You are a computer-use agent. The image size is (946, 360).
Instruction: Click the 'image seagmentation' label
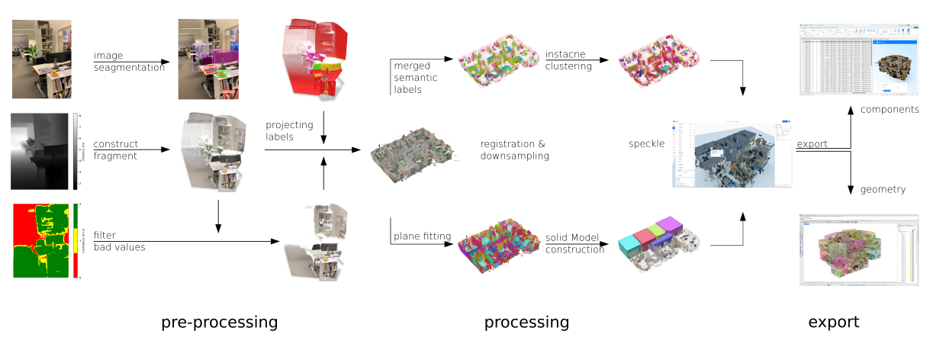click(129, 62)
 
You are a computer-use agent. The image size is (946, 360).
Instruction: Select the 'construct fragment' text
click(116, 149)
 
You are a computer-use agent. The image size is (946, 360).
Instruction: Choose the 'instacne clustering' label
click(568, 60)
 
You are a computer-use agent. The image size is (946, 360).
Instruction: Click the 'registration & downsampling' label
click(514, 149)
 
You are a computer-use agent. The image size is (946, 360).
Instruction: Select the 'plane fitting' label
click(422, 236)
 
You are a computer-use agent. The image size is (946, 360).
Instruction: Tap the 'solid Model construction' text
click(574, 244)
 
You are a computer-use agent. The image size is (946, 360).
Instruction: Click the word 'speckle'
click(645, 143)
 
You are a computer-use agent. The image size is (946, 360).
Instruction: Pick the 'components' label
click(889, 109)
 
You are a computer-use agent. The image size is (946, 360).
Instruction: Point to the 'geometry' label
click(883, 189)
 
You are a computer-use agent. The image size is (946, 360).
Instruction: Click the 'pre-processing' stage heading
click(219, 323)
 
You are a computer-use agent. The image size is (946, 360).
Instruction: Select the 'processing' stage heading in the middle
click(526, 323)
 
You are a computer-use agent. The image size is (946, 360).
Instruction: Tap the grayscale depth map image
click(40, 151)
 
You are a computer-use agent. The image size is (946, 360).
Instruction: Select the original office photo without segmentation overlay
click(41, 59)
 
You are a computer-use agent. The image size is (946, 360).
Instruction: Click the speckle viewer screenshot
click(732, 153)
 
